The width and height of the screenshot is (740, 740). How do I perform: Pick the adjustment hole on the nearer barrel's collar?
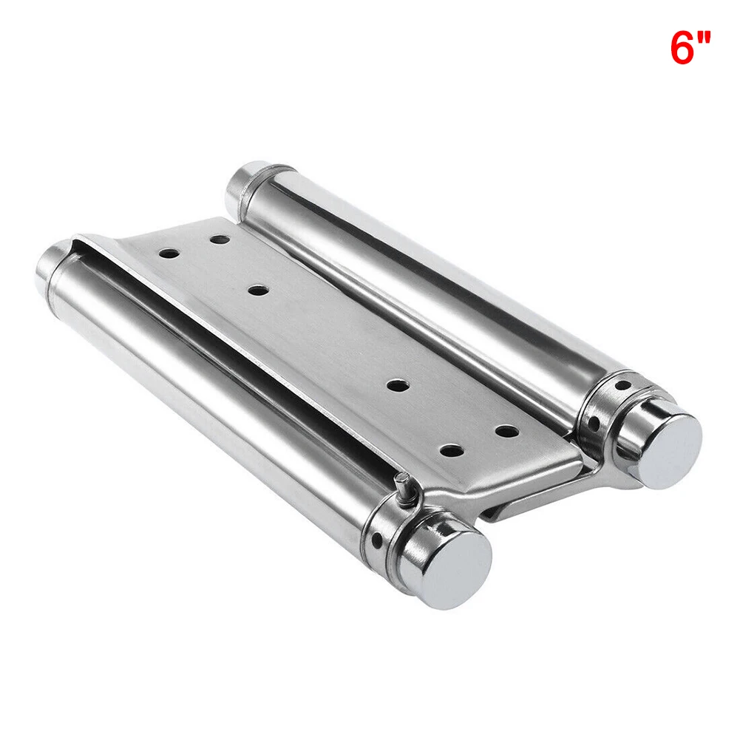tap(379, 543)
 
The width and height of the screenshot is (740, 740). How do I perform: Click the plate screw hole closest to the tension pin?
tap(451, 448)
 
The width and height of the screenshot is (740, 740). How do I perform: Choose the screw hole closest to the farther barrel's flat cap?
tap(505, 430)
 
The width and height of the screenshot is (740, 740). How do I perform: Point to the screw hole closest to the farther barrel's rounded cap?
tap(220, 240)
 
